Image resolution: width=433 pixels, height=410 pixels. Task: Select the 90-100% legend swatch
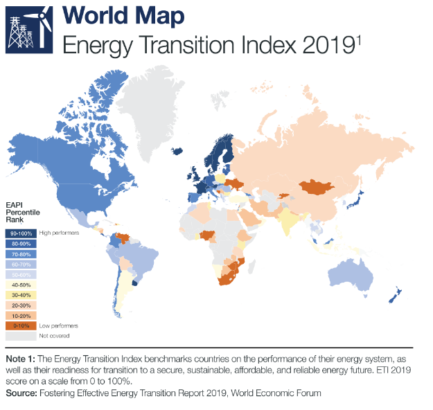tap(21, 233)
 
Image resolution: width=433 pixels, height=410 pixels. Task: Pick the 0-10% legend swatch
tap(21, 325)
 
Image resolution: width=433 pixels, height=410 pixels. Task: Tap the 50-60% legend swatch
tap(21, 274)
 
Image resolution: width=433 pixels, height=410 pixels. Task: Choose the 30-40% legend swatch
tap(21, 294)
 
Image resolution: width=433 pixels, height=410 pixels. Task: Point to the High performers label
tap(58, 233)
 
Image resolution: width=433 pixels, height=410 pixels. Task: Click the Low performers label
tap(58, 325)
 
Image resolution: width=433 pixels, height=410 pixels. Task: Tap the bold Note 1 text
tap(21, 359)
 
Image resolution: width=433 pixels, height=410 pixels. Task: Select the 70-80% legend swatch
tap(21, 253)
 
